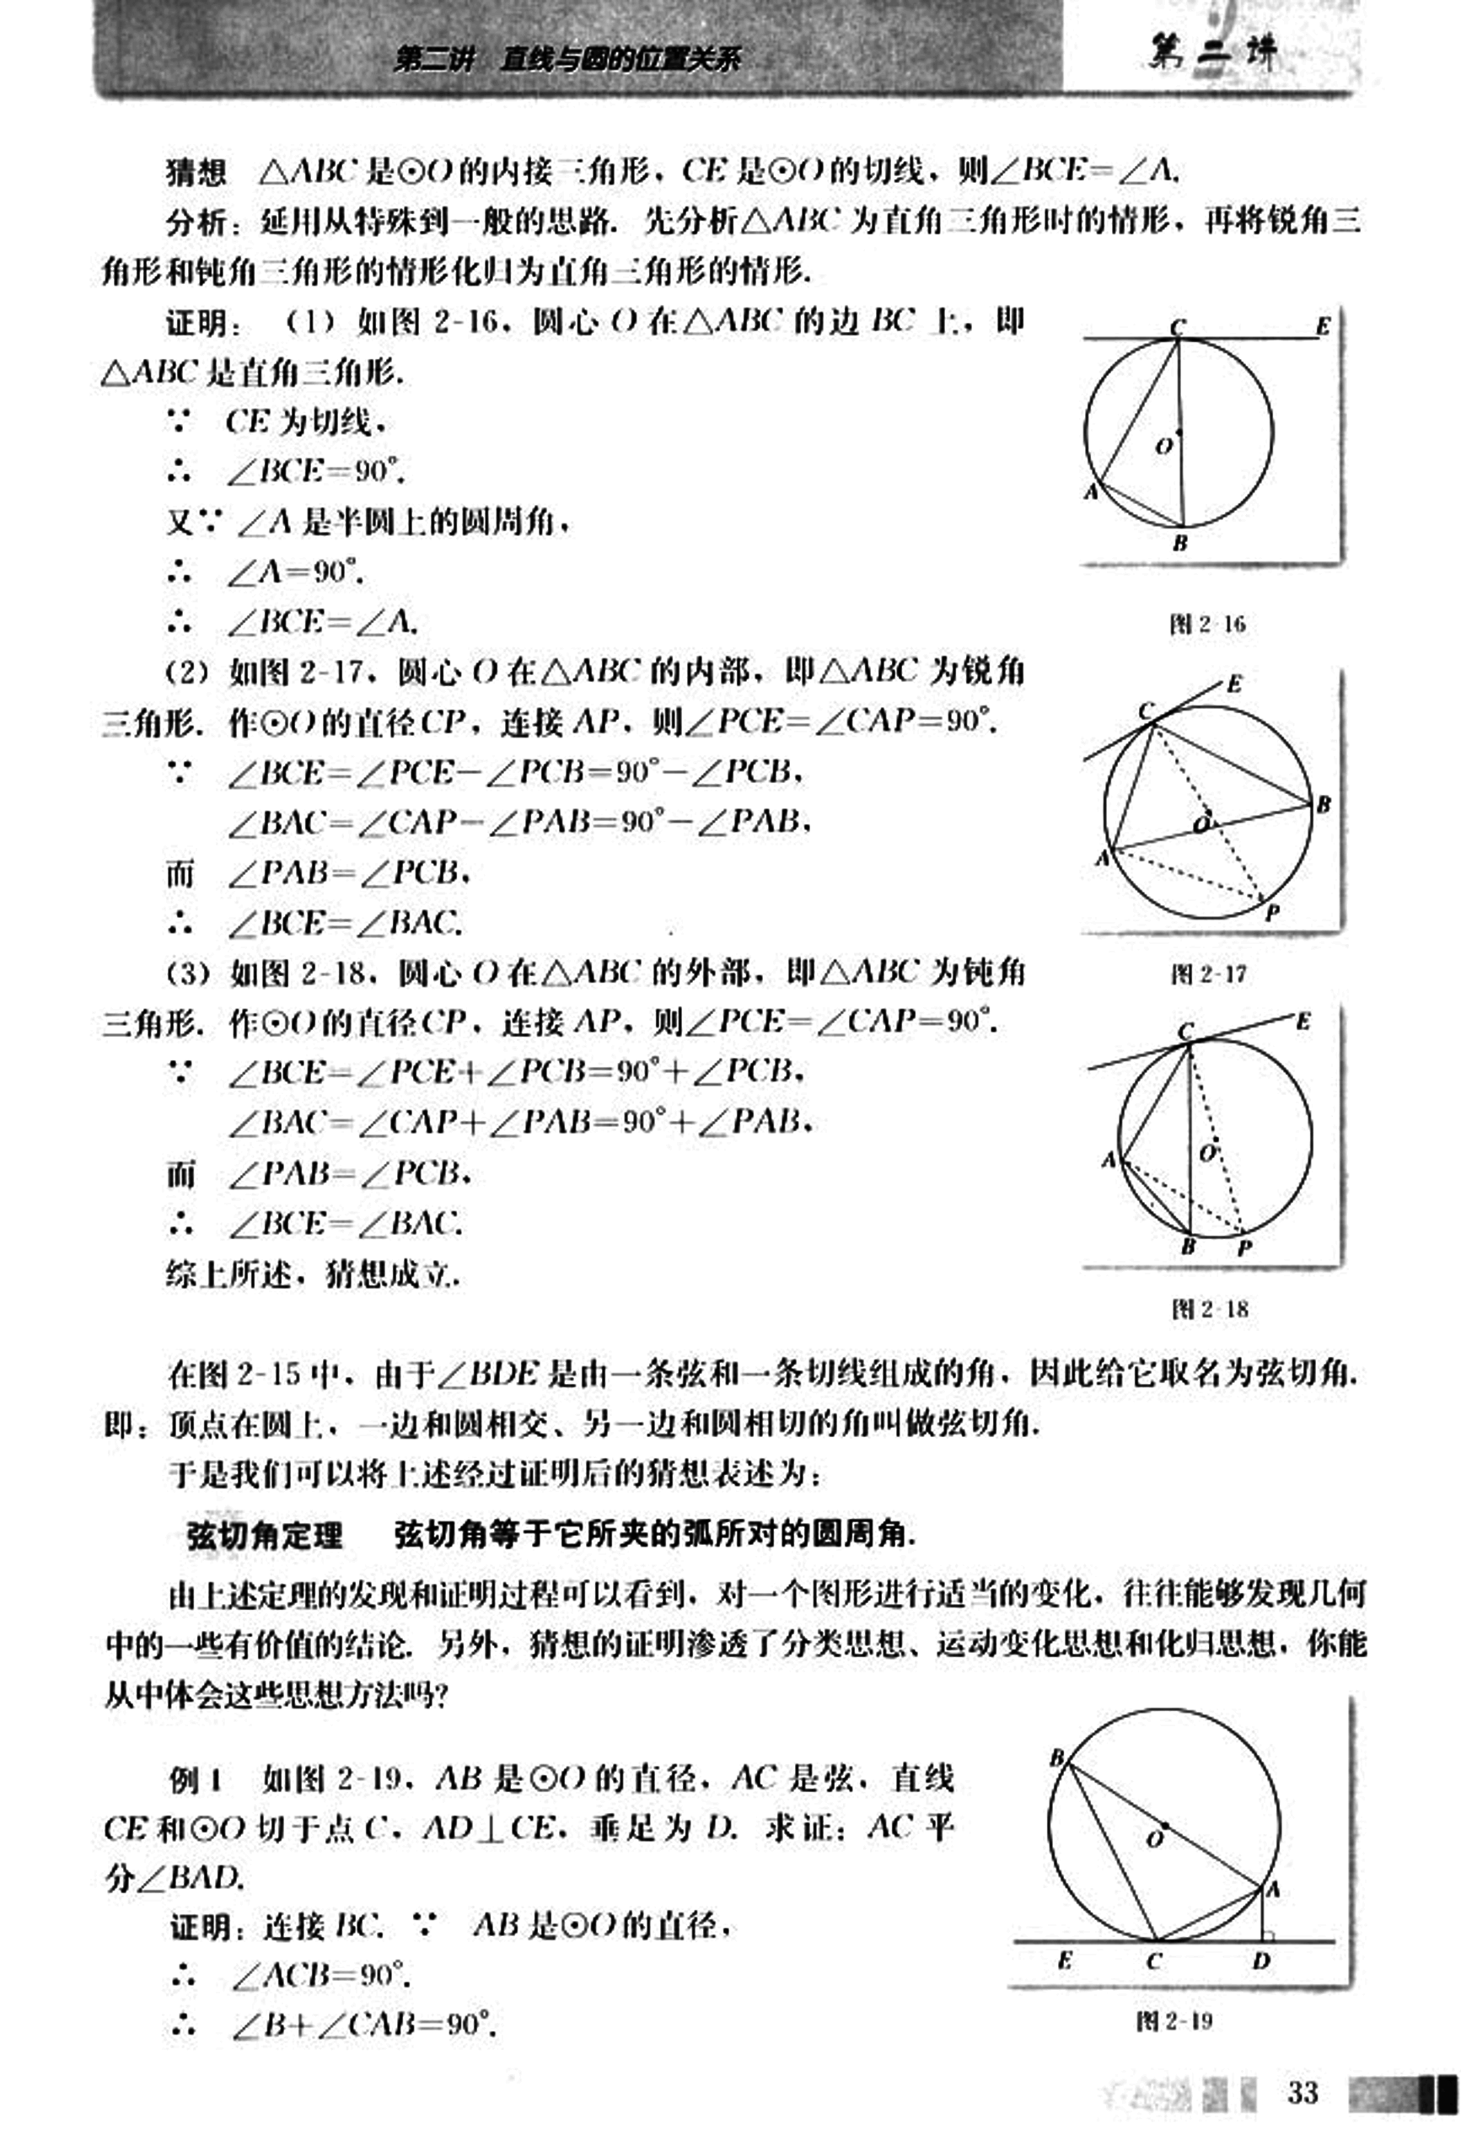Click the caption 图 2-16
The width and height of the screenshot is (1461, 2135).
pyautogui.click(x=1207, y=625)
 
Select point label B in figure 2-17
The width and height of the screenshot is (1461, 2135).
pyautogui.click(x=1324, y=805)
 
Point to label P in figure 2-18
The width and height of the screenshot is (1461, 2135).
pyautogui.click(x=1245, y=1248)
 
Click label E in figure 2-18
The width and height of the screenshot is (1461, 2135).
pyautogui.click(x=1303, y=1022)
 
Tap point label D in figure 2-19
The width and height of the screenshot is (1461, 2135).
pyautogui.click(x=1261, y=1961)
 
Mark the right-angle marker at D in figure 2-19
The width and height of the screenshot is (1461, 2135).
pyautogui.click(x=1268, y=1935)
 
